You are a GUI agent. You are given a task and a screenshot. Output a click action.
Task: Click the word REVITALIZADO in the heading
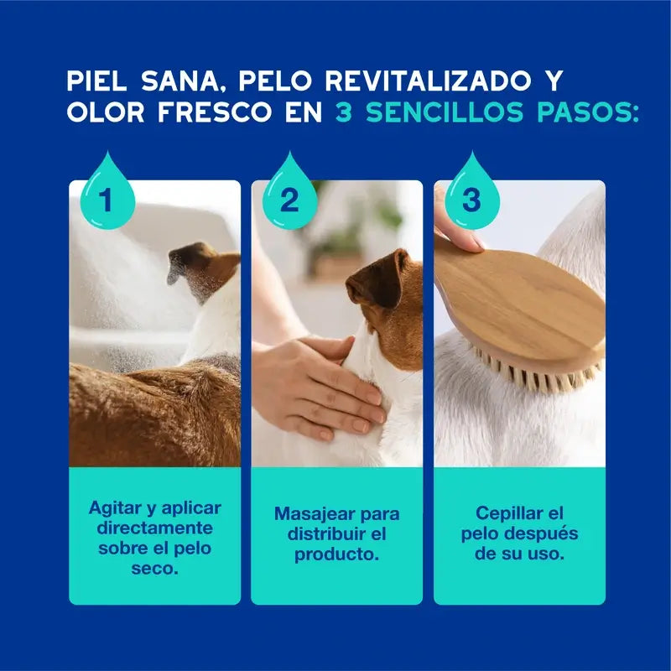point(428,81)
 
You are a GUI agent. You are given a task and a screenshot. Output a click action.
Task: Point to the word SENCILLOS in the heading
point(445,112)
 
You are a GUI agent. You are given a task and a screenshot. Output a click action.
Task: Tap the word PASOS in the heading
point(588,112)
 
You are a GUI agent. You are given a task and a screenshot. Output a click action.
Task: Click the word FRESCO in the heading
point(215,112)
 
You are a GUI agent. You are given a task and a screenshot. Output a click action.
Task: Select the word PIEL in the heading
point(96,81)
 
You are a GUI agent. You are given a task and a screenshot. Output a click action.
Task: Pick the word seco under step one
point(154,569)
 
